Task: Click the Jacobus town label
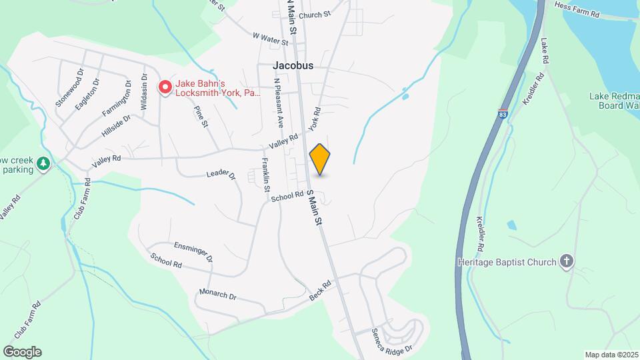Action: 293,66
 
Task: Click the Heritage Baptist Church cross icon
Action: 567,261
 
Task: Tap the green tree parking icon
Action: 43,163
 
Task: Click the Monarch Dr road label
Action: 218,294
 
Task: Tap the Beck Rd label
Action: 321,290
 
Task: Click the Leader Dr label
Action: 221,174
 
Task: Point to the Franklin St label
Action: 265,174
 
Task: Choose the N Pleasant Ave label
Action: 280,103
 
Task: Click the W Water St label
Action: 270,38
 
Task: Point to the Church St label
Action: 315,15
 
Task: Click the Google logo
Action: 22,352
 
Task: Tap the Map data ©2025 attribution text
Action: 610,354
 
